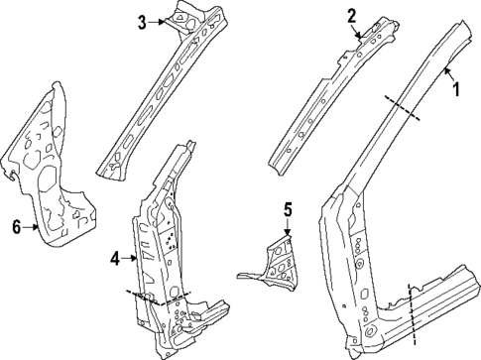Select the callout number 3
143,22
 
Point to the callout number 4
115,259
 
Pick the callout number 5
288,209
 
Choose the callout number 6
17,226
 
